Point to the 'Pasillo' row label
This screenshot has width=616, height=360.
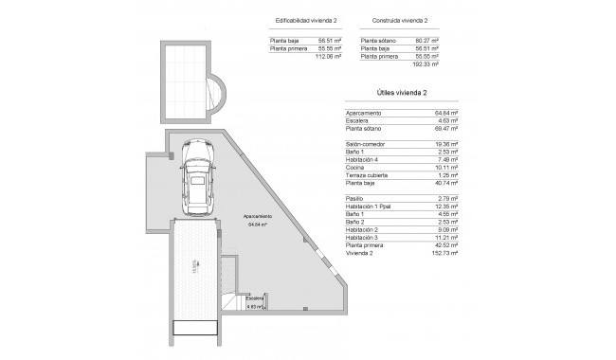356,198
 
